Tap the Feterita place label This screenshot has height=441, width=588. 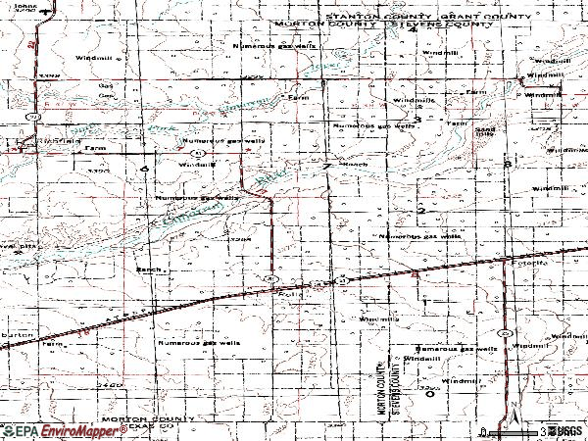click(536, 263)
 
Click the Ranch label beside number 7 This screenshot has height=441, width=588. click(354, 165)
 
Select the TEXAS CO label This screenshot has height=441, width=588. click(153, 427)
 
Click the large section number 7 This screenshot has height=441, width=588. click(326, 167)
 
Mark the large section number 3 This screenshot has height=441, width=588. click(418, 120)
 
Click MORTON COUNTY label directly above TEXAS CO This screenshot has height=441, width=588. click(153, 418)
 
